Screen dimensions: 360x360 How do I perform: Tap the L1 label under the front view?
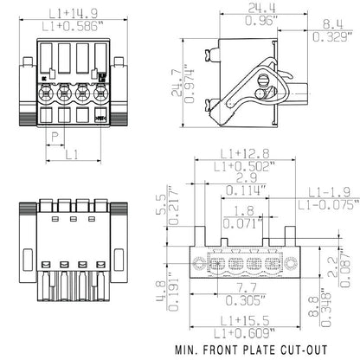pyautogui.click(x=73, y=154)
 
